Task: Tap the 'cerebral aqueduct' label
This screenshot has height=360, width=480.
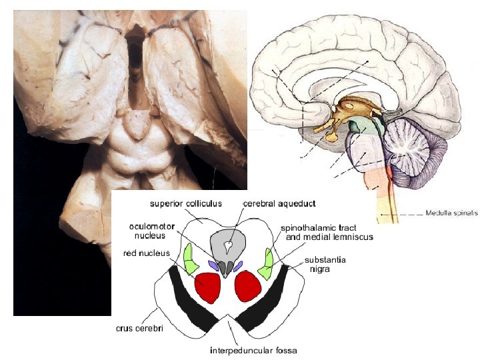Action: point(279,203)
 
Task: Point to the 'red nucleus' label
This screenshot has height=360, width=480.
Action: point(148,253)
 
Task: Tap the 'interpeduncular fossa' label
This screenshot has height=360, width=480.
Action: point(253,350)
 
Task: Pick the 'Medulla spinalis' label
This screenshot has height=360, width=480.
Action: point(451,213)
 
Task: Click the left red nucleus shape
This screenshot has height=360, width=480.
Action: point(207,288)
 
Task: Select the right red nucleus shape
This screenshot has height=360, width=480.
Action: point(247,287)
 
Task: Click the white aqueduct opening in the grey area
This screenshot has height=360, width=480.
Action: point(228,246)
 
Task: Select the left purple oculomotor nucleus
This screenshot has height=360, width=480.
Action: point(213,265)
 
